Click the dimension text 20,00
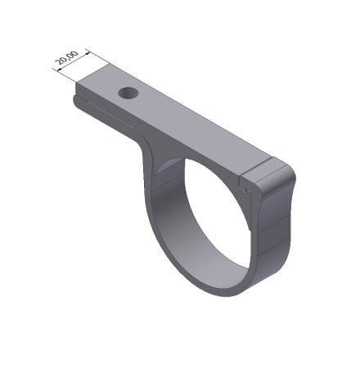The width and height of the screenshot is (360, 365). pos(67,60)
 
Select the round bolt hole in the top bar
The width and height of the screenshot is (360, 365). pos(127,93)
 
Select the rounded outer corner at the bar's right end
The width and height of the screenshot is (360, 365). pos(286,175)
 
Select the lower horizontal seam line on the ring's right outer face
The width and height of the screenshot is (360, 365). pos(274,246)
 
